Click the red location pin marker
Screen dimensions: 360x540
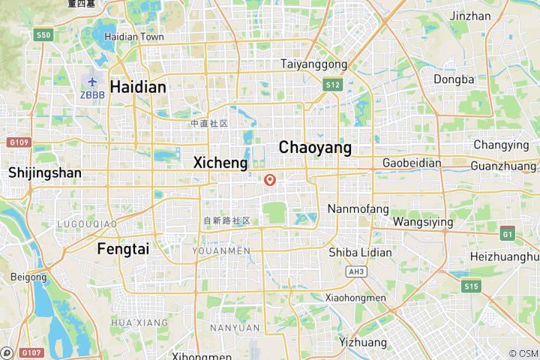[270, 180]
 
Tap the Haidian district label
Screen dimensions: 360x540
[138, 87]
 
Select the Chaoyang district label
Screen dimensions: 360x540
[315, 148]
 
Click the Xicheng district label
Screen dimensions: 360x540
[220, 162]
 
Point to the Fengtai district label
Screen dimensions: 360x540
[123, 249]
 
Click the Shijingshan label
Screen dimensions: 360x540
[45, 172]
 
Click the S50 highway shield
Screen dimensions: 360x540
[44, 35]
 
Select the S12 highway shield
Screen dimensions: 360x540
[333, 85]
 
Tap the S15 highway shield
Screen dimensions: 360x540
[471, 286]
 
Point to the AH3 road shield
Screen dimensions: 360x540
[355, 272]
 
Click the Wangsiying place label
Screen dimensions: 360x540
[423, 222]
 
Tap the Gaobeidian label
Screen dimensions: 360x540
[411, 163]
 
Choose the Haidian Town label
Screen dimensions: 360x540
[134, 36]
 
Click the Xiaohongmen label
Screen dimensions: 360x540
[355, 298]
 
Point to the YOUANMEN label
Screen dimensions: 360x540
[221, 250]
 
